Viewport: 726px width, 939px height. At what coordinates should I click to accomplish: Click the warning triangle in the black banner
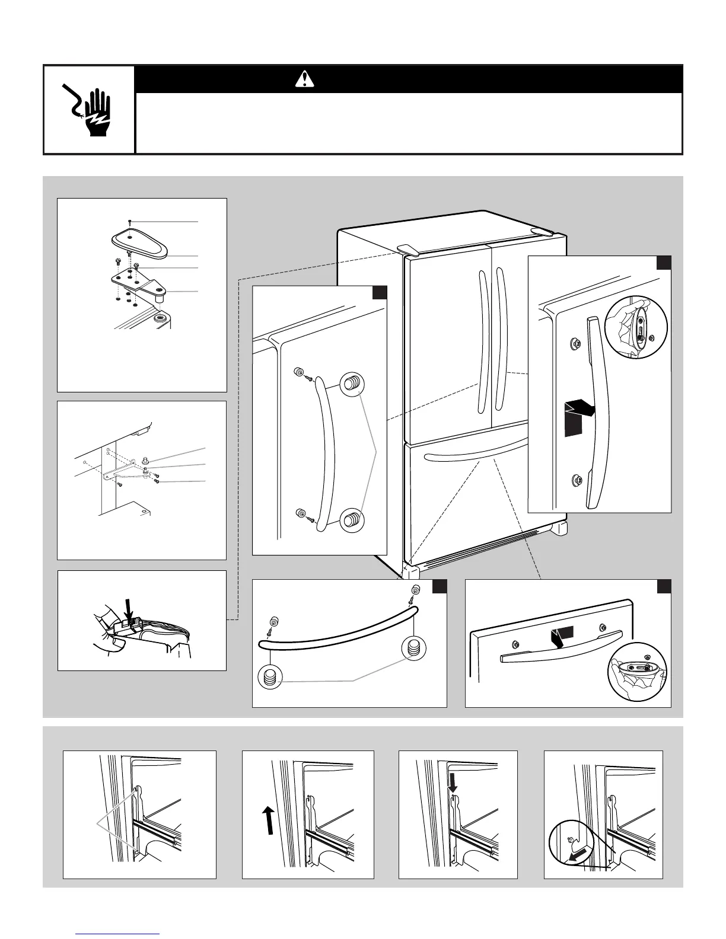304,78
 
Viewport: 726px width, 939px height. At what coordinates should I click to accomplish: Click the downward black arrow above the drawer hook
453,784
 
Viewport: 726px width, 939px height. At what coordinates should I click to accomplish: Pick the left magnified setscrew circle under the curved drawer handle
270,677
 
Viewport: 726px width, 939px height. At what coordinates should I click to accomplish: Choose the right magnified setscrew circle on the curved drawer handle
413,648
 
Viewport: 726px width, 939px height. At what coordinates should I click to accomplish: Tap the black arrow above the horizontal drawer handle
561,637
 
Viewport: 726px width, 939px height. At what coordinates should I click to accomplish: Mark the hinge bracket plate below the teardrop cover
138,283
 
